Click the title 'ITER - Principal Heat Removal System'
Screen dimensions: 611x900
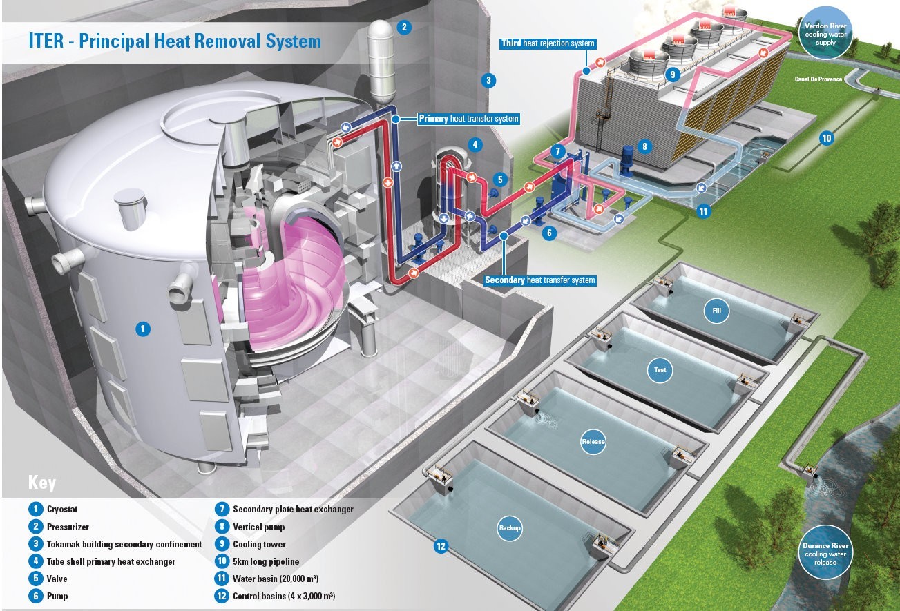175,41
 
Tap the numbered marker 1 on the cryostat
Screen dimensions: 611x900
142,329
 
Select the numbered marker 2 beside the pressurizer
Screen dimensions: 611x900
404,28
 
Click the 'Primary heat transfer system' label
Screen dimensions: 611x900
468,119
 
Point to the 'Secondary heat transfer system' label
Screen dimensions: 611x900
539,280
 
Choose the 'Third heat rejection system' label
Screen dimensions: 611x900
548,43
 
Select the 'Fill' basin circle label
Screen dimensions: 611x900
716,311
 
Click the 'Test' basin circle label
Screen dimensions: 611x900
660,370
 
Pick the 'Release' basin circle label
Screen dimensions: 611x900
593,442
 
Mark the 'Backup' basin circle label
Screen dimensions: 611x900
509,529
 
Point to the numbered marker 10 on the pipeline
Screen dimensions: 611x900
826,138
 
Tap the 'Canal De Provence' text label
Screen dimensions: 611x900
819,80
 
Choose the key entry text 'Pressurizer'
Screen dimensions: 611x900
68,527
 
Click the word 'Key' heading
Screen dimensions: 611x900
42,483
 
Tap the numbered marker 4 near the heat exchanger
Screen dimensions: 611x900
474,145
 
